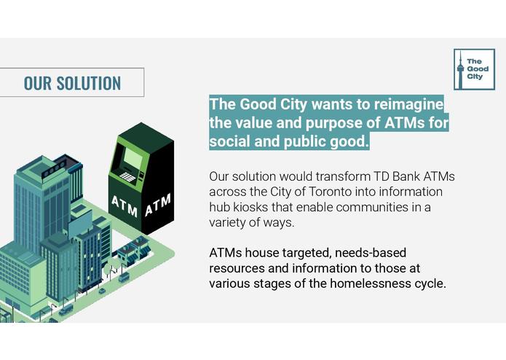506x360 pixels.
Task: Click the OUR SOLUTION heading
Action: tap(72, 82)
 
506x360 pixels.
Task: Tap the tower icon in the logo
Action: tap(459, 69)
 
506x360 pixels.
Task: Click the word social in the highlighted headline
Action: tap(230, 141)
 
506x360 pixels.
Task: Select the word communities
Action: tap(371, 207)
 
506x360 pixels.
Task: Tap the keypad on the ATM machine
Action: tap(127, 177)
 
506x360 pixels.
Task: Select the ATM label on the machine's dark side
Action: tap(158, 204)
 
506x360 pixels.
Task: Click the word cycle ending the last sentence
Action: tap(427, 283)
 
